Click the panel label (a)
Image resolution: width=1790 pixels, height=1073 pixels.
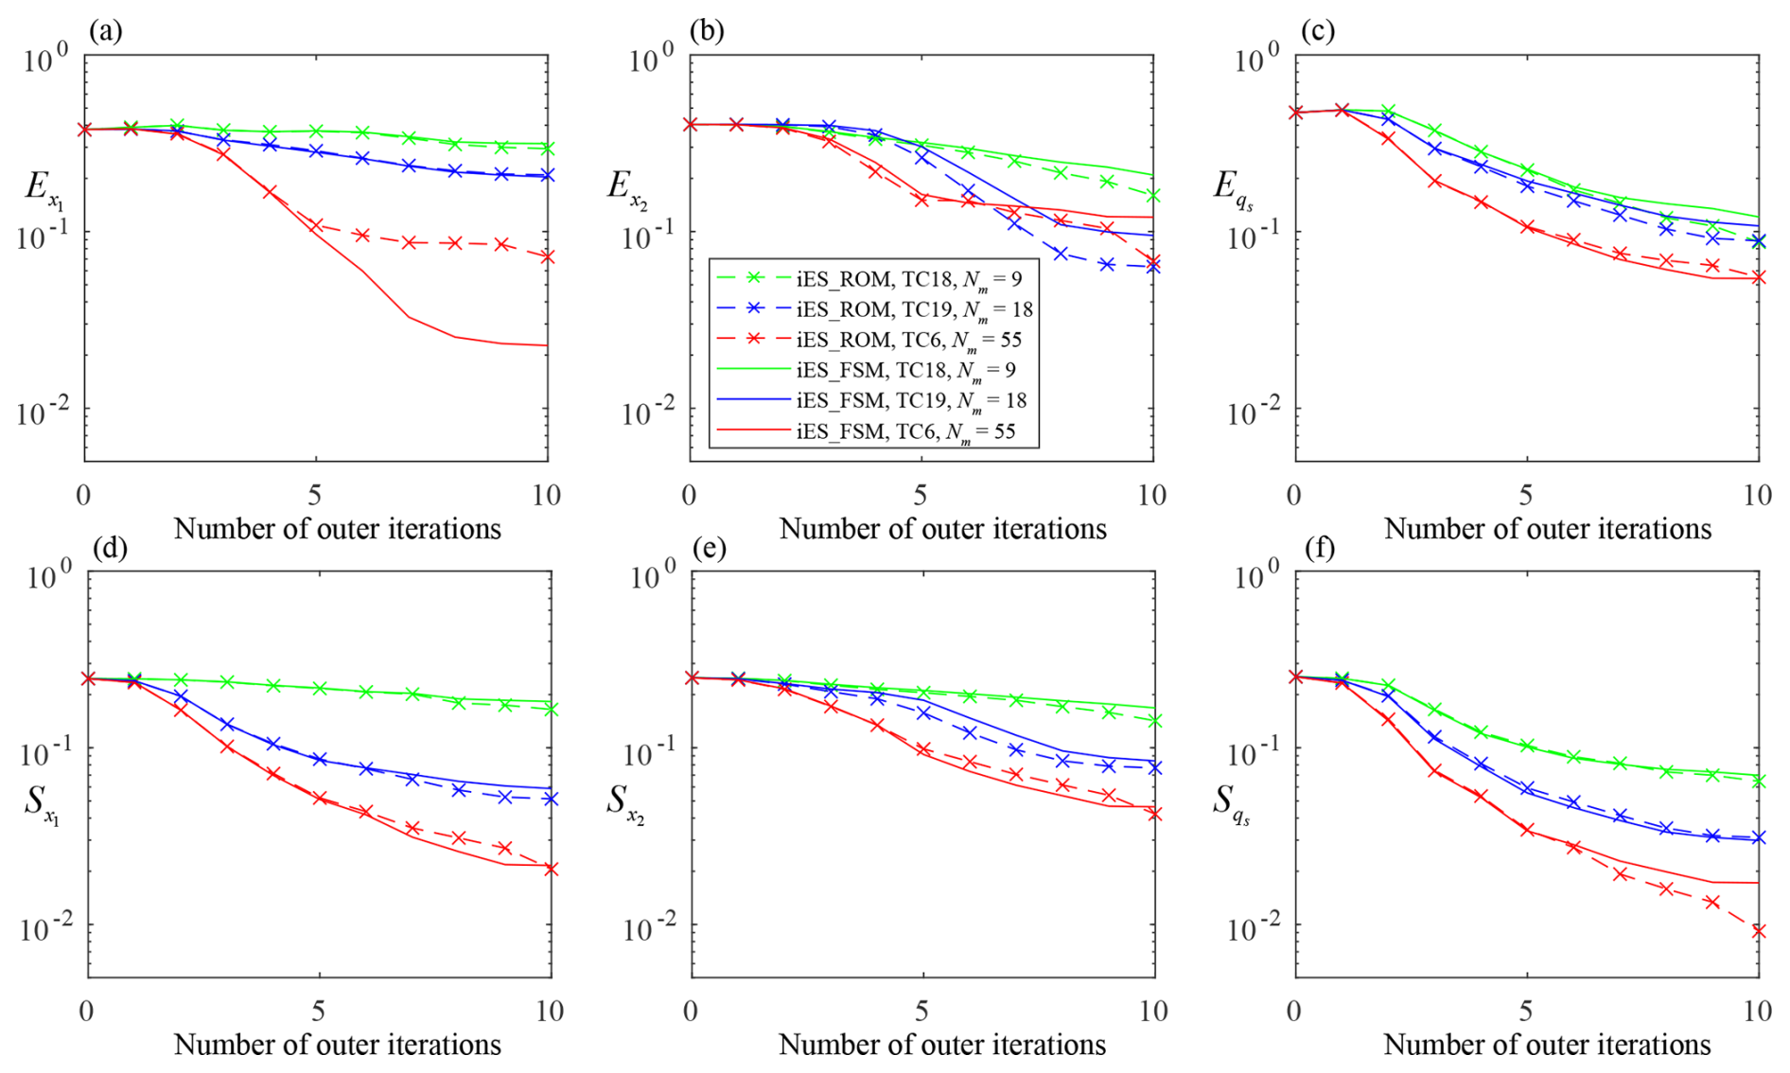coord(105,31)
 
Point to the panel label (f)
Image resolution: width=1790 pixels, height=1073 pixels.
coord(1319,548)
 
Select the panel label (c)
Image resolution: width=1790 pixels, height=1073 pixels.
coord(1318,31)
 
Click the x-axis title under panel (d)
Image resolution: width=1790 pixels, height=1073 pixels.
coord(338,1045)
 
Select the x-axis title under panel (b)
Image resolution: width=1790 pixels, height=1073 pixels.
coord(942,528)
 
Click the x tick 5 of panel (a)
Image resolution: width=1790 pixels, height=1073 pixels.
coord(315,494)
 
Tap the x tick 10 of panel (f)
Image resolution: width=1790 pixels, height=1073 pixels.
coord(1757,1011)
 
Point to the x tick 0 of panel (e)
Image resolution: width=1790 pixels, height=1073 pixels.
coord(691,1011)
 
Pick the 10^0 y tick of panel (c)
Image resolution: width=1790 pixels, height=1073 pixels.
coord(1257,60)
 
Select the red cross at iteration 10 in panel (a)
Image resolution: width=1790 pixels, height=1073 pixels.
coord(547,256)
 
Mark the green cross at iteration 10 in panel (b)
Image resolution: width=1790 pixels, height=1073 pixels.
coord(1152,196)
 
